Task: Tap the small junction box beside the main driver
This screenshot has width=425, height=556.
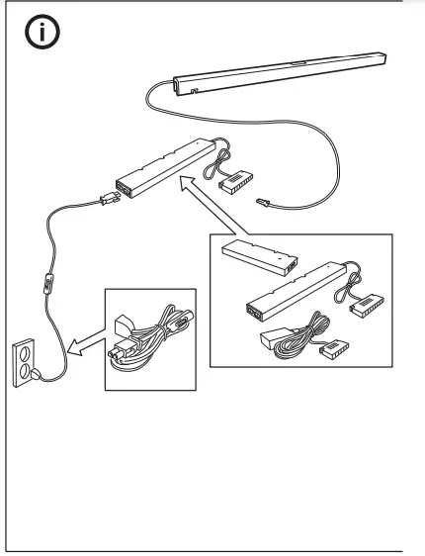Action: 238,181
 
